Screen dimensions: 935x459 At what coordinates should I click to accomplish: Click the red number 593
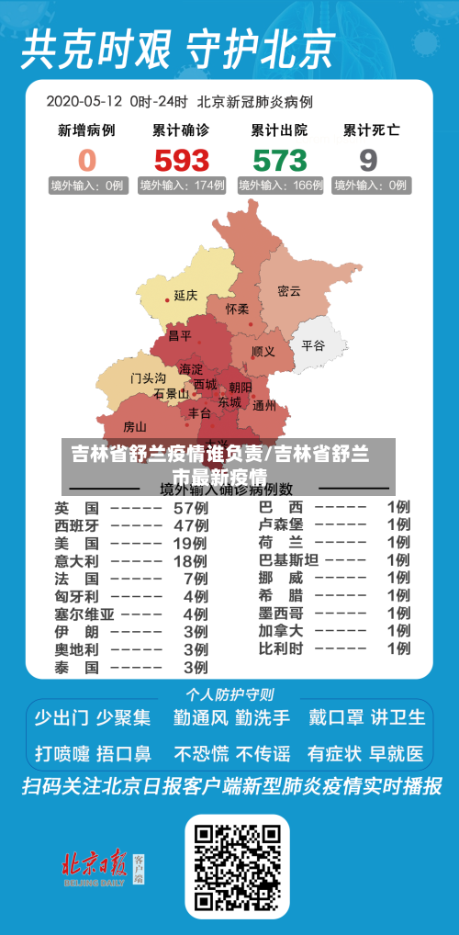click(182, 161)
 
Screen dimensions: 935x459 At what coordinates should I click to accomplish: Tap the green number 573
click(279, 161)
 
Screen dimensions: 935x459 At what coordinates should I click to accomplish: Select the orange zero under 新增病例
click(86, 161)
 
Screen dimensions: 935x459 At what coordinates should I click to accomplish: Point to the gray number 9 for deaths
click(368, 161)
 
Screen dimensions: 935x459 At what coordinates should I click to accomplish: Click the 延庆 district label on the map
click(185, 296)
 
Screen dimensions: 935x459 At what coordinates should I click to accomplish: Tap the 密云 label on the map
click(289, 291)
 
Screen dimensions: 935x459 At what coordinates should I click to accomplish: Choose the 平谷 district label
click(313, 345)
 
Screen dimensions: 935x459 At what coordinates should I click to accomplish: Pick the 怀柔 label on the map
click(237, 310)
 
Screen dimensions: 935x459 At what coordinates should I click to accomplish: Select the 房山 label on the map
click(134, 426)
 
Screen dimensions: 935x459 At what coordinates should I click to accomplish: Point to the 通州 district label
click(264, 405)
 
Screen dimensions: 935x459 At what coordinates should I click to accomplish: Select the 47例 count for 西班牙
click(191, 525)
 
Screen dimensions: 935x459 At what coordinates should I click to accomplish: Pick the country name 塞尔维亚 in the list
click(84, 614)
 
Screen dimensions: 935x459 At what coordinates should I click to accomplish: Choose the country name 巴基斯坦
click(288, 560)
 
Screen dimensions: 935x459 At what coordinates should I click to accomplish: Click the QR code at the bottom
click(237, 866)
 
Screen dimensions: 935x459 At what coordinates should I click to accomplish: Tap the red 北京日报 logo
click(94, 865)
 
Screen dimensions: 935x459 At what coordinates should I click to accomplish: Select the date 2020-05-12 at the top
click(84, 101)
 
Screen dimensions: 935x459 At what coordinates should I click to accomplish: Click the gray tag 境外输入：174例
click(182, 186)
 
